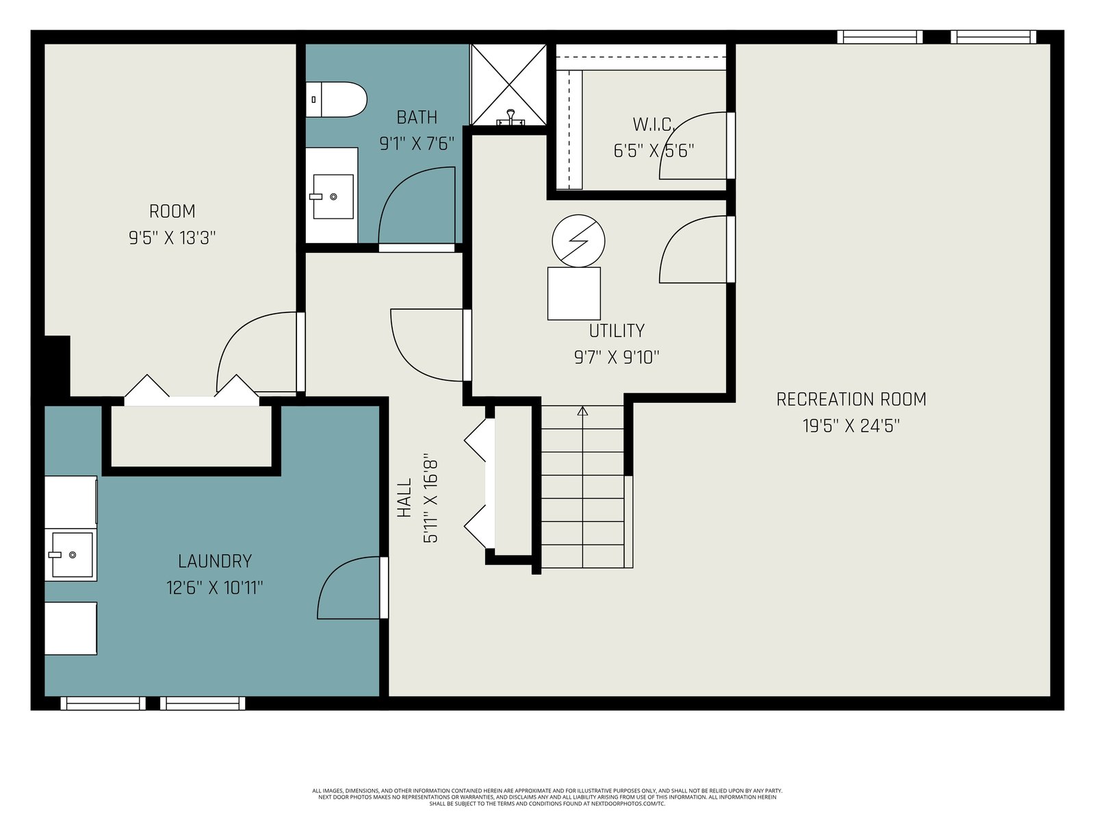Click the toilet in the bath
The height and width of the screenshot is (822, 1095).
336,99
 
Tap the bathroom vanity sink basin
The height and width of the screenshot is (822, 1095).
333,196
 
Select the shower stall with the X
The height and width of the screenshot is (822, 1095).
508,85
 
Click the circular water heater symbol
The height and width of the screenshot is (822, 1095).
578,241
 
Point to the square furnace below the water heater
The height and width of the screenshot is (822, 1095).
574,293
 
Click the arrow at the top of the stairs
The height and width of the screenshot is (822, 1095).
582,411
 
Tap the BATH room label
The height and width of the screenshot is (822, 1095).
417,118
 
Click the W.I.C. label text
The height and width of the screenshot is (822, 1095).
654,124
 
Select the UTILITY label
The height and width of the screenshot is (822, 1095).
617,330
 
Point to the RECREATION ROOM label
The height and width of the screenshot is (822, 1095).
851,399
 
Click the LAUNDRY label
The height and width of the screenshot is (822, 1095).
215,562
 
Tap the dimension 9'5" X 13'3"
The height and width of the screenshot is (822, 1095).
172,238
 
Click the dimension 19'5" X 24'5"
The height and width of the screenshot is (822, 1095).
851,426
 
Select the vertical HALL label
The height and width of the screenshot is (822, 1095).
404,497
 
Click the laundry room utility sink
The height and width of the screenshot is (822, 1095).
71,554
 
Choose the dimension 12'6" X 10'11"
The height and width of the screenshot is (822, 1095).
214,588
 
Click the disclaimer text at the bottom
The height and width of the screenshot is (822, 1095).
547,797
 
